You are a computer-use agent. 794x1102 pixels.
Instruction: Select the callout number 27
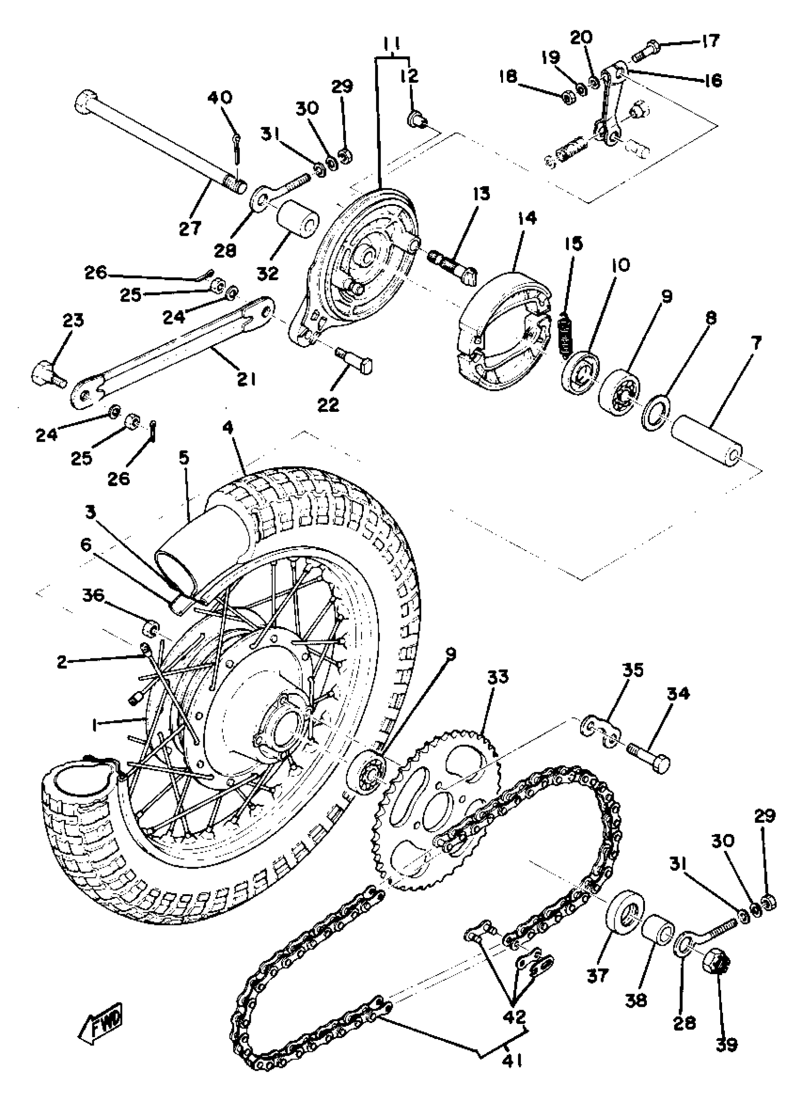(190, 228)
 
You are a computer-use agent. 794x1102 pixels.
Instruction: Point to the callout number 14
(527, 218)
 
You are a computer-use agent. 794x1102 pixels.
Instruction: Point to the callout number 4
(228, 428)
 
